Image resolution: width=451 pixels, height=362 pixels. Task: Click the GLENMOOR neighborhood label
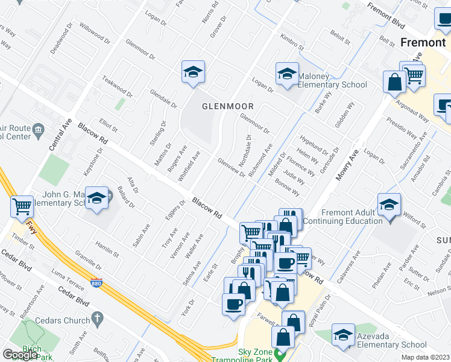pyautogui.click(x=227, y=106)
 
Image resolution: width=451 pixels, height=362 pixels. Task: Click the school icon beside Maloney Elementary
pyautogui.click(x=287, y=75)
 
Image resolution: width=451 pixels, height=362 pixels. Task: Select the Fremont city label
pyautogui.click(x=422, y=42)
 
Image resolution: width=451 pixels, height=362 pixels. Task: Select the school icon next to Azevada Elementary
pyautogui.click(x=343, y=335)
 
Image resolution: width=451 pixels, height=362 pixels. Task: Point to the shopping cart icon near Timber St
pyautogui.click(x=22, y=206)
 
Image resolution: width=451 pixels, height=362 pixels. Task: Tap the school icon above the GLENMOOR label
pyautogui.click(x=194, y=72)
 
